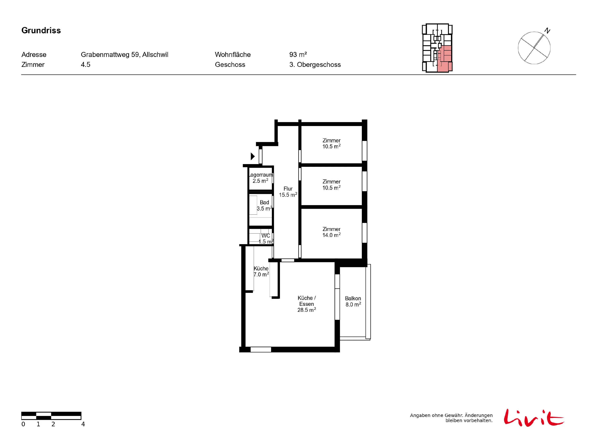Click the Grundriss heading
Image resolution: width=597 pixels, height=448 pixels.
41,30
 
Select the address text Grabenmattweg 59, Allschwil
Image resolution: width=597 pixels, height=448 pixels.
124,55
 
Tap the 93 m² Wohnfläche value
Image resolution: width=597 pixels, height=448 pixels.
298,55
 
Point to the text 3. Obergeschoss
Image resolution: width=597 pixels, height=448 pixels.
315,65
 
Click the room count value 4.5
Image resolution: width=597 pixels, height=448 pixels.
86,65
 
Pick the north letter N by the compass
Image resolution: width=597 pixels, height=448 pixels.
547,31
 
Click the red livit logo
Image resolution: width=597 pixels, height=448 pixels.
534,418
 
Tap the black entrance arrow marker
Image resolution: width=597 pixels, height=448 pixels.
253,156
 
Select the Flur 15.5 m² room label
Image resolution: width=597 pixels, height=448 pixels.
288,192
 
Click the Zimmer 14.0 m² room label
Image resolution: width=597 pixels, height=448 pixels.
331,232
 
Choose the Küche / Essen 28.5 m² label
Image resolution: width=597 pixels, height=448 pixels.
307,304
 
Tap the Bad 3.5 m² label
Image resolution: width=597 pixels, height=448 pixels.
264,205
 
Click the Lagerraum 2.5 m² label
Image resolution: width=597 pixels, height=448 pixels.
261,178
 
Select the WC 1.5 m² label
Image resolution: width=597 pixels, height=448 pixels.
266,239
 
